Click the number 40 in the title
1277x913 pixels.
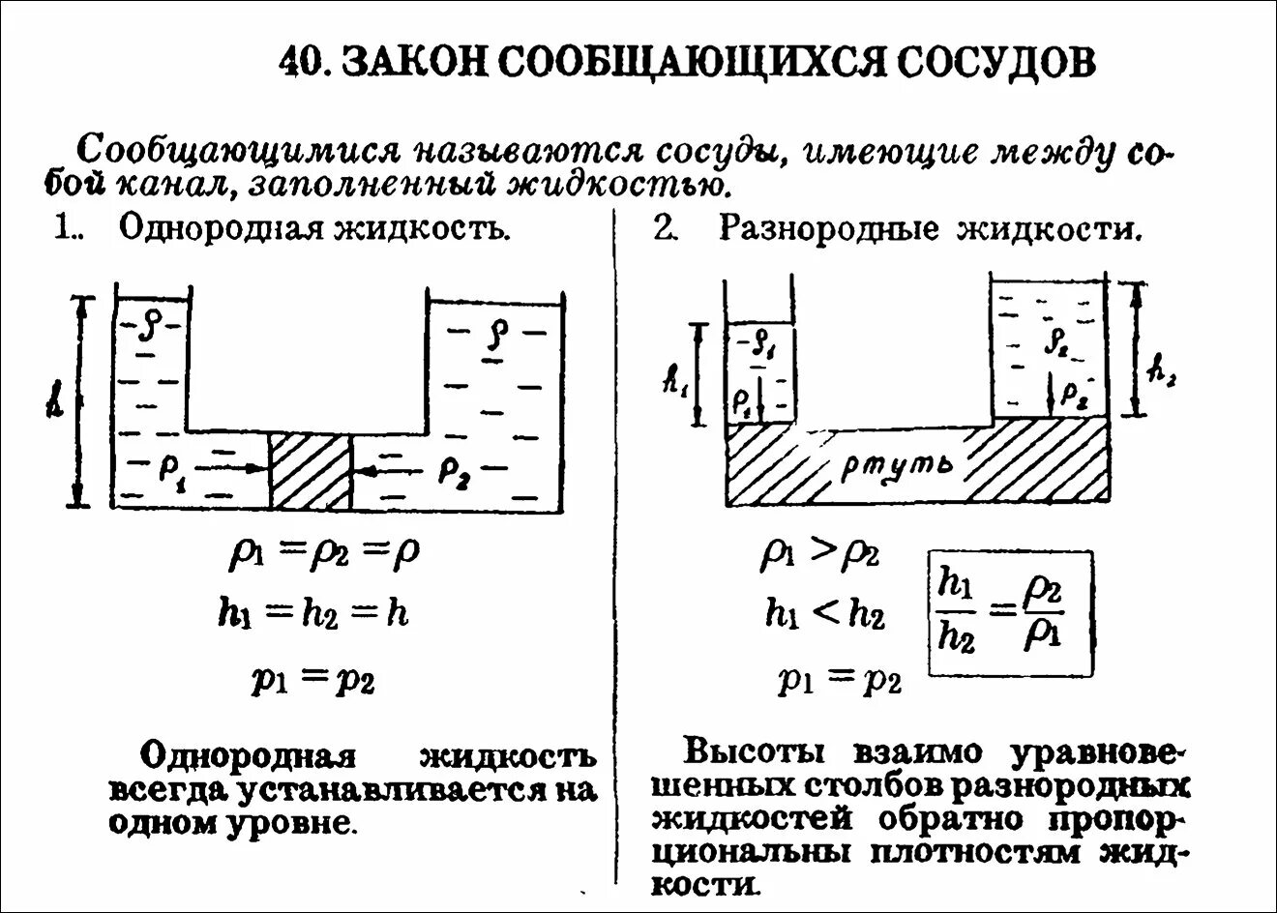(x=300, y=64)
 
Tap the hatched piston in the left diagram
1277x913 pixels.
(x=310, y=470)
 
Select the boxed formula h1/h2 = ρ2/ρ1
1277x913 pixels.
(x=1011, y=614)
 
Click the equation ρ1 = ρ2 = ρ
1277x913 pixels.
(x=324, y=553)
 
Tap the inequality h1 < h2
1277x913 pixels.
(x=824, y=614)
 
